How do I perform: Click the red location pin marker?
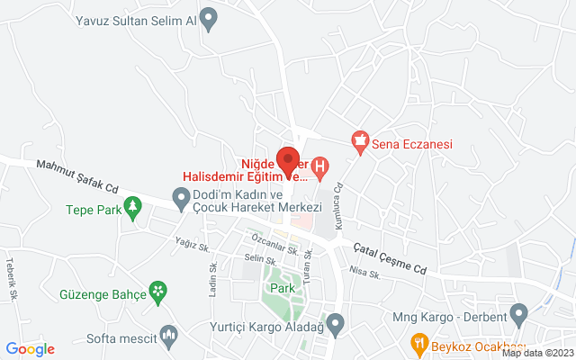tap(288, 158)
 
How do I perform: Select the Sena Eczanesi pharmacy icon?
tap(361, 141)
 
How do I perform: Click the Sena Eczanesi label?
tap(413, 143)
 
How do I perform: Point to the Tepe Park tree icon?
tap(133, 208)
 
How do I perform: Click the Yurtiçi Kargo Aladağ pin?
tap(336, 321)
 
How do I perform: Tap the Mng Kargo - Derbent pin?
tap(518, 316)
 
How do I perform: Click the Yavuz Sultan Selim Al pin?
tap(209, 18)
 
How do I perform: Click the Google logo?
tap(31, 349)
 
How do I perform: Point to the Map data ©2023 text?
tap(536, 354)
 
